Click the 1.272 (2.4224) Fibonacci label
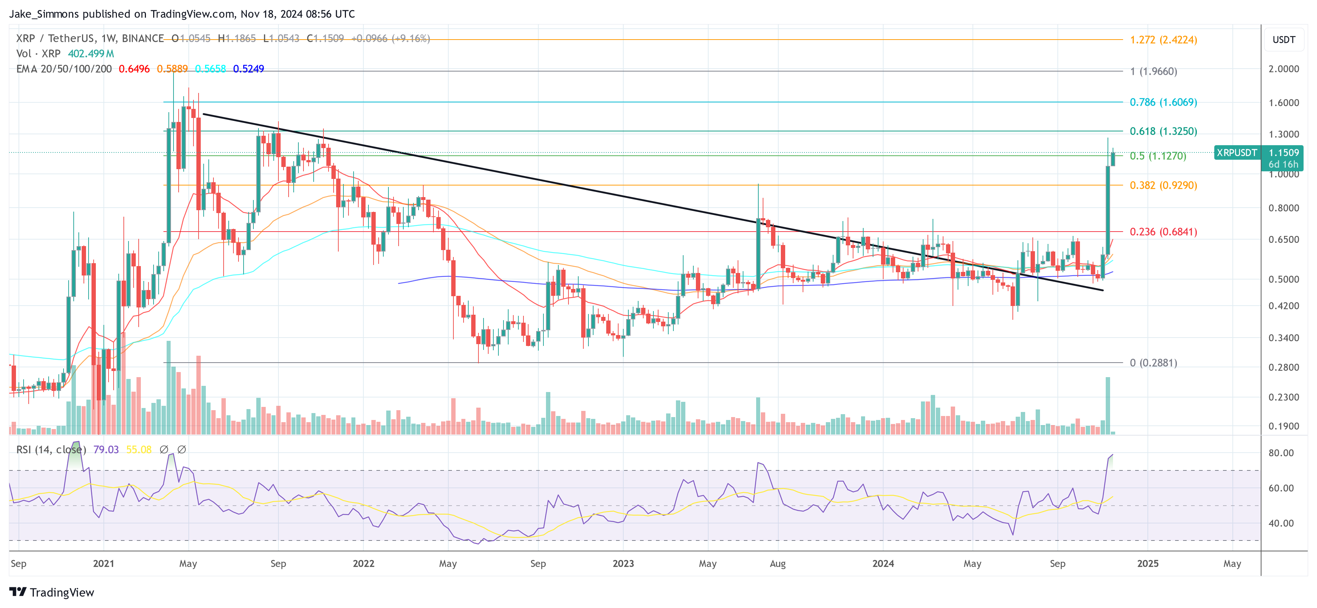point(1163,40)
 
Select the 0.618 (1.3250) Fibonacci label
point(1163,131)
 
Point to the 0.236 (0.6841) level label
point(1163,232)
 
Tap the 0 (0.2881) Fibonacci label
point(1153,363)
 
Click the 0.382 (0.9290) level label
point(1163,185)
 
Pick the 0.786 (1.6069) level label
point(1163,102)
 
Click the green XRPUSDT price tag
point(1236,152)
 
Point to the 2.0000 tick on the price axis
point(1283,69)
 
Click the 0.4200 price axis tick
point(1283,306)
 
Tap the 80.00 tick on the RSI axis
point(1281,453)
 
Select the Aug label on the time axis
point(777,563)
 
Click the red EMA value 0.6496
point(134,69)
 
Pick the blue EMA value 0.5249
point(248,69)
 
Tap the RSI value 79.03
point(106,449)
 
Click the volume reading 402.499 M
point(91,54)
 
